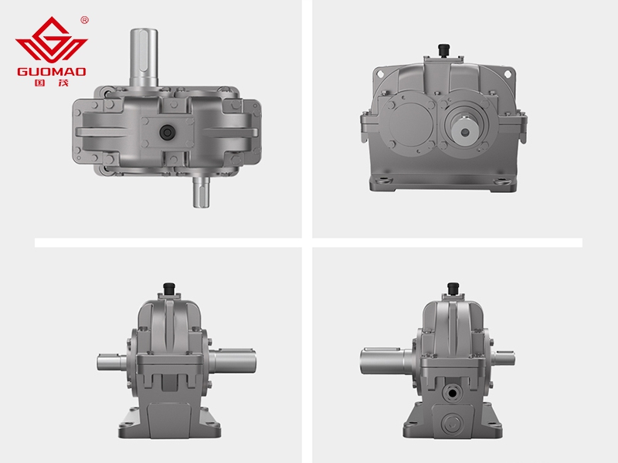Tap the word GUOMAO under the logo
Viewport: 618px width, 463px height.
pyautogui.click(x=52, y=72)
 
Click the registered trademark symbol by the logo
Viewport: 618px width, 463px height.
pyautogui.click(x=84, y=20)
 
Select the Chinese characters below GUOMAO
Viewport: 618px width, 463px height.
pyautogui.click(x=52, y=83)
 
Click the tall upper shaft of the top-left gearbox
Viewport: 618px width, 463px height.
pyautogui.click(x=144, y=58)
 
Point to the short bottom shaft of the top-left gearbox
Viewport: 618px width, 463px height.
pyautogui.click(x=201, y=191)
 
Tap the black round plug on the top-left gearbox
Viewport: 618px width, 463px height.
pyautogui.click(x=168, y=132)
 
